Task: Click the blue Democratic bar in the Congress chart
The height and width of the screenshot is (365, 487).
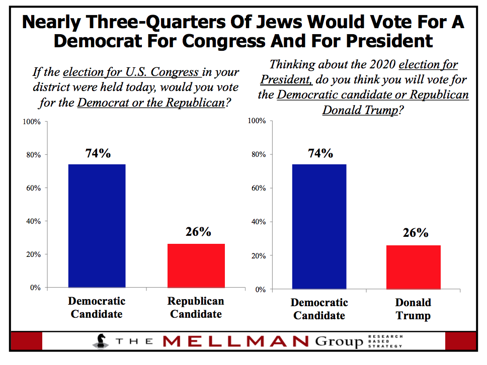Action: click(x=97, y=226)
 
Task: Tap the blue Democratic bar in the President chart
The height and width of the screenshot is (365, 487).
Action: click(x=319, y=226)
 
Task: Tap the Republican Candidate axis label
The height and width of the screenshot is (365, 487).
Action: click(x=196, y=308)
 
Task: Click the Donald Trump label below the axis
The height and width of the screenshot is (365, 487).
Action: click(x=413, y=309)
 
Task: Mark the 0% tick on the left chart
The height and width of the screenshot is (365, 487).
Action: click(x=34, y=288)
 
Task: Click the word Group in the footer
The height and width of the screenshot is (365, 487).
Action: click(x=340, y=342)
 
